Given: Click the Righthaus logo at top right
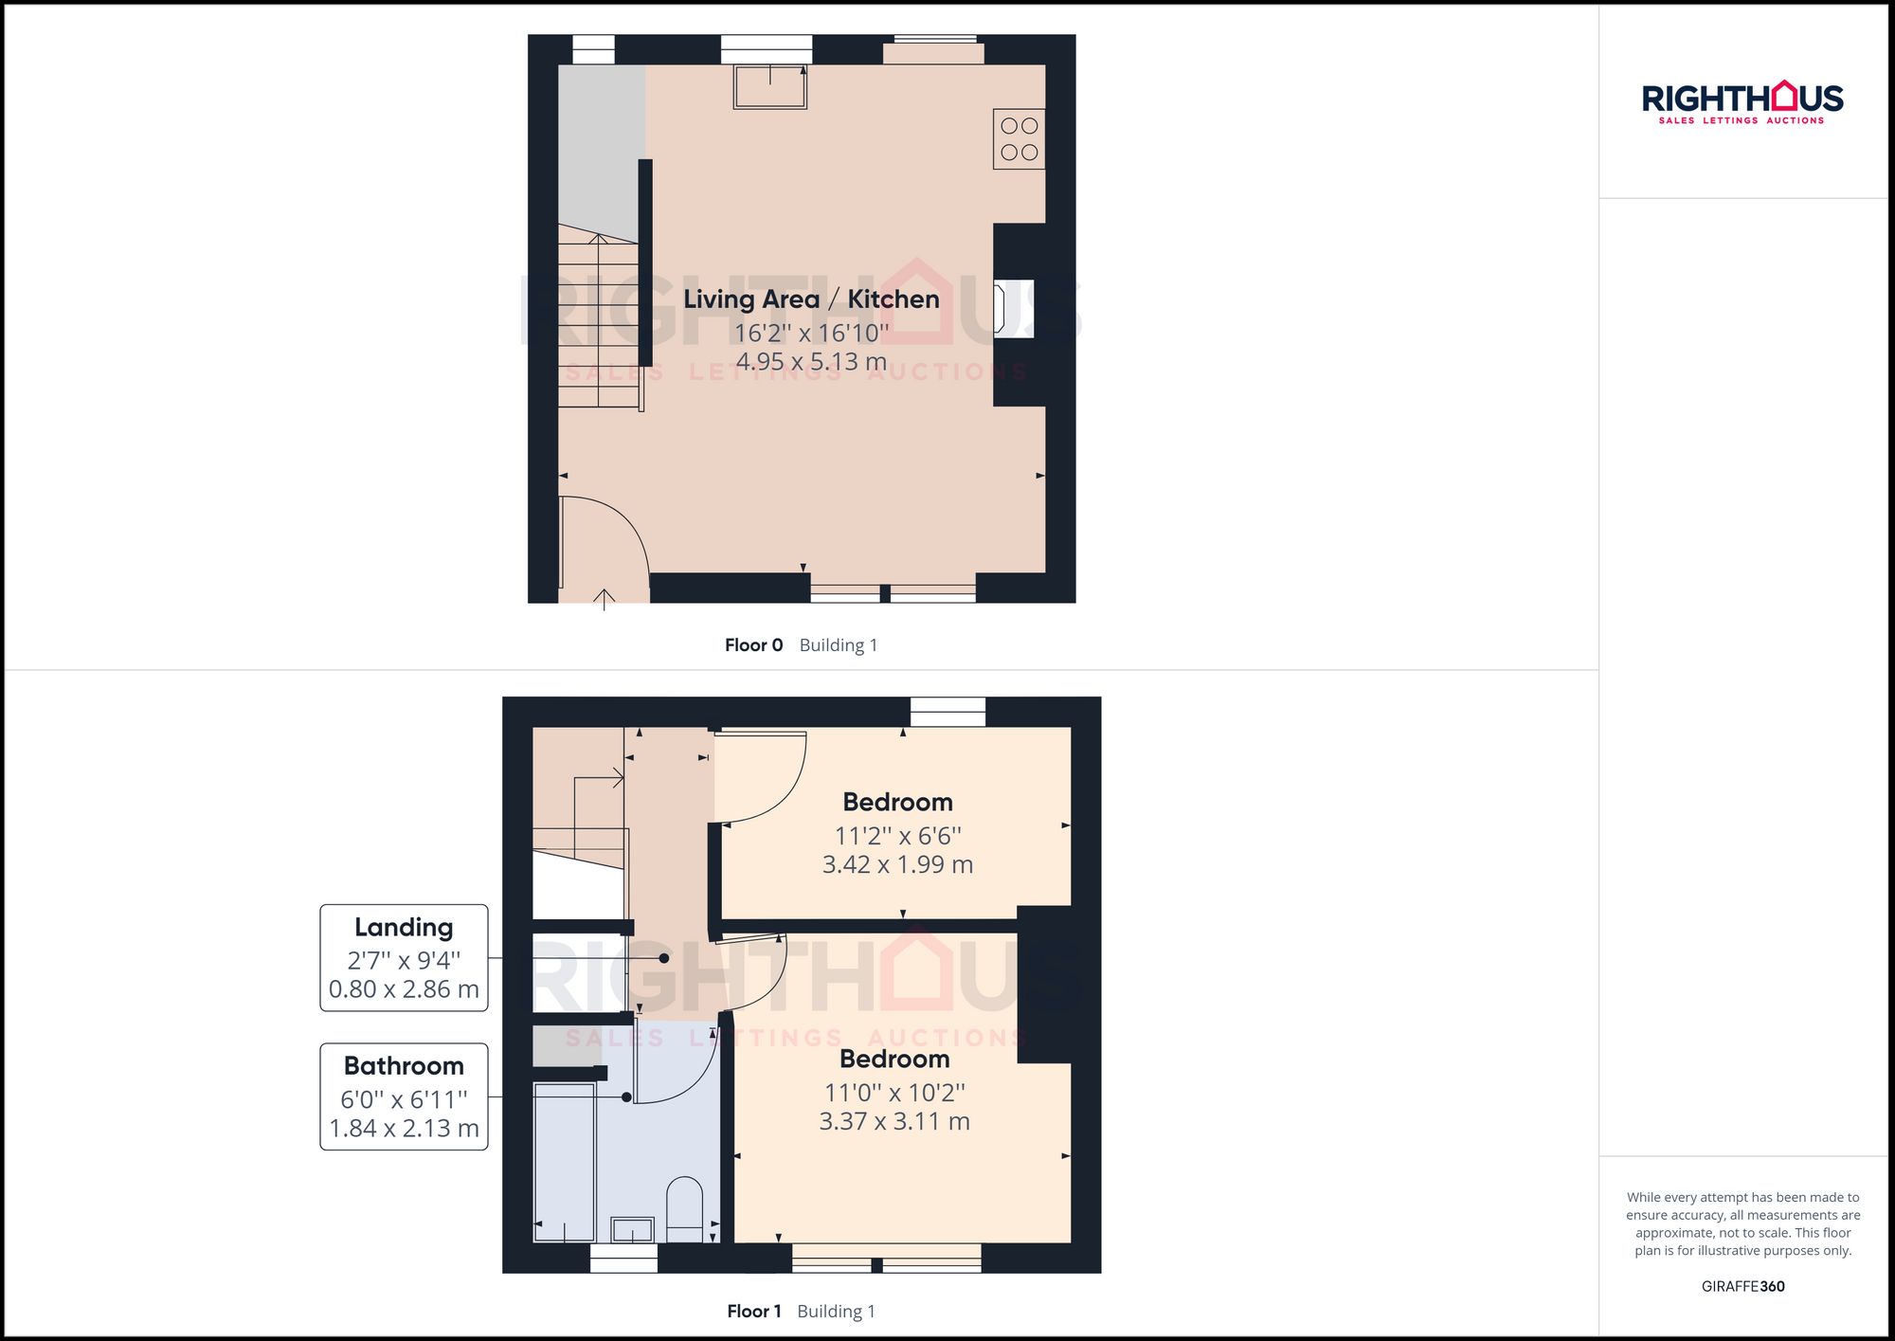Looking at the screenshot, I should pyautogui.click(x=1742, y=102).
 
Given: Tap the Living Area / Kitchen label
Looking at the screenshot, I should pyautogui.click(x=811, y=299).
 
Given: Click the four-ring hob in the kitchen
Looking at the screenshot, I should pyautogui.click(x=1019, y=139).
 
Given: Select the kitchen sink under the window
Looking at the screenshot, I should pyautogui.click(x=769, y=86).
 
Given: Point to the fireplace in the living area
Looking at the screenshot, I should pyautogui.click(x=1012, y=309).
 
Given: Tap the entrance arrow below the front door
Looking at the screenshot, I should pyautogui.click(x=604, y=600).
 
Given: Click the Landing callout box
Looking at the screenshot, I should pyautogui.click(x=404, y=958).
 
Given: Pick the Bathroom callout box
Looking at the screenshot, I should pyautogui.click(x=404, y=1096).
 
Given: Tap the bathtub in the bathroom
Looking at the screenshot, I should pyautogui.click(x=565, y=1163).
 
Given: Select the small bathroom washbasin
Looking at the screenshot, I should pyautogui.click(x=632, y=1229).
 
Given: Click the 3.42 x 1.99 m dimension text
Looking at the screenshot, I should pyautogui.click(x=897, y=864).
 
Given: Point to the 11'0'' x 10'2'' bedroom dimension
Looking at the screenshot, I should pyautogui.click(x=894, y=1093).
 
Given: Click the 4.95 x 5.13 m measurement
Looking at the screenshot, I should pyautogui.click(x=811, y=362).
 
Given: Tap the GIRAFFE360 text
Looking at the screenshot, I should pyautogui.click(x=1742, y=1287).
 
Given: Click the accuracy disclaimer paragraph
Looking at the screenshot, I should pyautogui.click(x=1742, y=1223).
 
